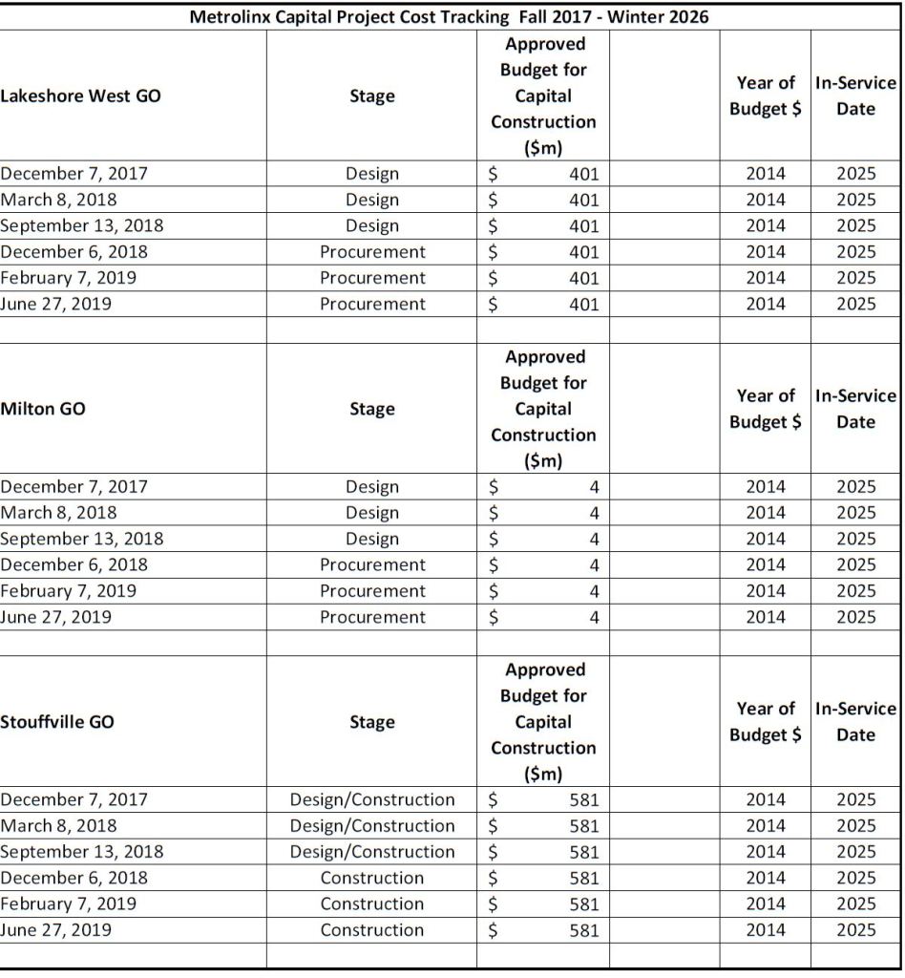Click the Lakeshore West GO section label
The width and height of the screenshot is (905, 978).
pos(81,96)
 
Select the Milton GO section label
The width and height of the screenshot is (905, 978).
pos(43,409)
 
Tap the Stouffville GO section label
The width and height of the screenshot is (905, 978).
pos(57,722)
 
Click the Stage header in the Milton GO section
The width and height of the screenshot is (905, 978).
pos(372,409)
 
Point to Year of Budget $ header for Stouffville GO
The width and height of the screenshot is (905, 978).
pos(765,722)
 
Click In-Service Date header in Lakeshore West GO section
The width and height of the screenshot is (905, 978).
pos(854,96)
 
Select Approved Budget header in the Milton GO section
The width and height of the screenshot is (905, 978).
pos(543,409)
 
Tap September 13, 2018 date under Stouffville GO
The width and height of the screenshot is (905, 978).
pos(82,851)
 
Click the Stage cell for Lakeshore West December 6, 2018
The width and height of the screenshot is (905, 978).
pos(372,252)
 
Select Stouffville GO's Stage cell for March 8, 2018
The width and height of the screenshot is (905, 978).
pos(372,825)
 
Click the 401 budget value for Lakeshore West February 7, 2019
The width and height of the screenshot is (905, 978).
pos(583,279)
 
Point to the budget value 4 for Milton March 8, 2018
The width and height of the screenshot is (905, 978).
pos(594,513)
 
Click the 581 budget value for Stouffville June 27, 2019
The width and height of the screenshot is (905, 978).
pos(583,930)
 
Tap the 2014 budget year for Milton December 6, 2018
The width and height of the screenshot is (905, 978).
pos(765,565)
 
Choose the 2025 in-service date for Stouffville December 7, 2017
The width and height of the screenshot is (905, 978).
pos(855,799)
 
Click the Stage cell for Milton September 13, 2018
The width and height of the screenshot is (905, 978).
pos(372,539)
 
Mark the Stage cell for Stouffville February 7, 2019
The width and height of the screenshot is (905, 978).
pos(372,904)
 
